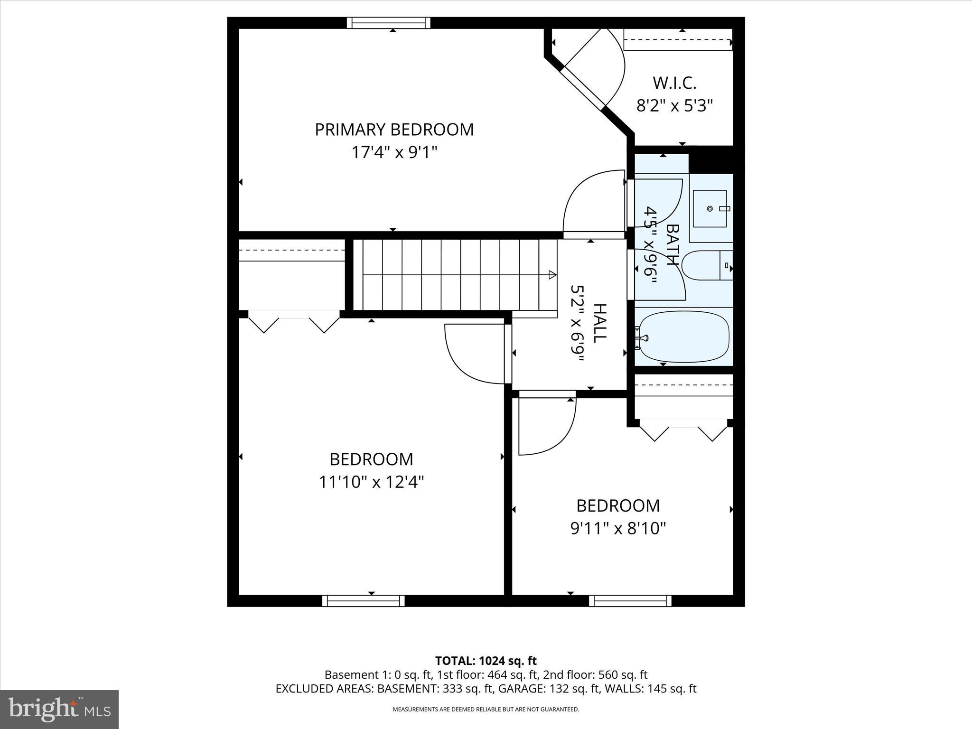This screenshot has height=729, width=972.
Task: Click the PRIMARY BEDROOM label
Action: pyautogui.click(x=394, y=130)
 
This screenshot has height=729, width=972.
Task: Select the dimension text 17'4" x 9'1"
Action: pyautogui.click(x=394, y=153)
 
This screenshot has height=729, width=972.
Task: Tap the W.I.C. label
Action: pyautogui.click(x=674, y=83)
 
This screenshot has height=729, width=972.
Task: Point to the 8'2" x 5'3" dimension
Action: pyautogui.click(x=674, y=105)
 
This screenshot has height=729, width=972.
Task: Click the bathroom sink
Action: pyautogui.click(x=710, y=209)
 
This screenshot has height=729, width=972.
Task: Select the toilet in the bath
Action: pyautogui.click(x=707, y=266)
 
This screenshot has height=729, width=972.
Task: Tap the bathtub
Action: pyautogui.click(x=684, y=337)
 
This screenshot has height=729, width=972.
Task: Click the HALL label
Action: pyautogui.click(x=600, y=323)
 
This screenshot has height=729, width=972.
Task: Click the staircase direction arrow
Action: pyautogui.click(x=552, y=274)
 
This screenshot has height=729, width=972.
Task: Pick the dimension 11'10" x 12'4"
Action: pyautogui.click(x=371, y=482)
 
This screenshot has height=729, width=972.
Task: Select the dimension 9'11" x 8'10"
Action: pyautogui.click(x=618, y=528)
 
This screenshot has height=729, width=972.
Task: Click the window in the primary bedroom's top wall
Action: pyautogui.click(x=388, y=23)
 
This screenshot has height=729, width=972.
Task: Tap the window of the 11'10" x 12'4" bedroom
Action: pyautogui.click(x=364, y=601)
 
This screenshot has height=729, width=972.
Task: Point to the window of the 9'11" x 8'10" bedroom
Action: pyautogui.click(x=630, y=601)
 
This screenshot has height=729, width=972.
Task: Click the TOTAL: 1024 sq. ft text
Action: pyautogui.click(x=486, y=661)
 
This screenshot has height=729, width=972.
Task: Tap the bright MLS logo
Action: pyautogui.click(x=59, y=710)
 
